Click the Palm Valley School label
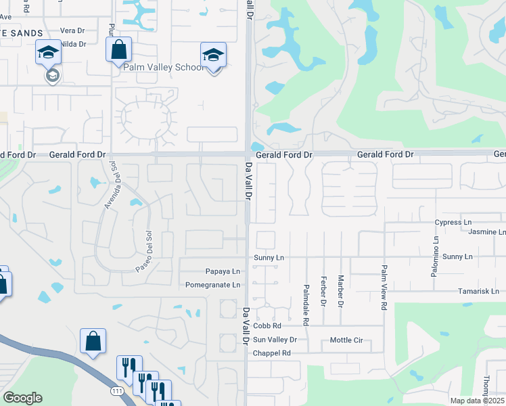(162, 67)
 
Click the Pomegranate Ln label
(212, 285)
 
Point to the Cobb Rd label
(267, 326)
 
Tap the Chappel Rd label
(271, 353)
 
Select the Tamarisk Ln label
(477, 291)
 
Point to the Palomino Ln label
(435, 244)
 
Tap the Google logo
(22, 398)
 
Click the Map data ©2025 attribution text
(477, 401)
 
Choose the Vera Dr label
(71, 30)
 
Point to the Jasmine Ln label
(486, 232)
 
